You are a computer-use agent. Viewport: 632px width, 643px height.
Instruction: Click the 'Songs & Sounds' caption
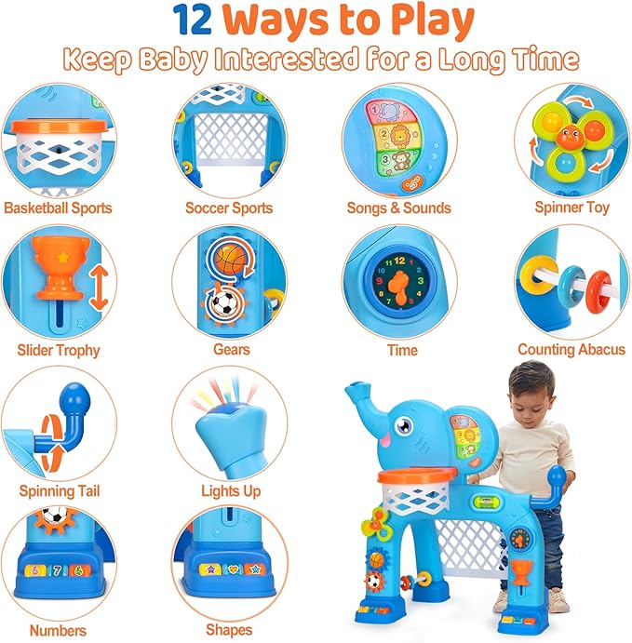pos(398,208)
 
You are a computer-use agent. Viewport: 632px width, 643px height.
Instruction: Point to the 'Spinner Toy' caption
pos(571,208)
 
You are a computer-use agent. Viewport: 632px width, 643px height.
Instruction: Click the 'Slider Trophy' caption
pos(58,350)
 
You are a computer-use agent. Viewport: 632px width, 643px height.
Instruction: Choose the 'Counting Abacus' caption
pos(571,350)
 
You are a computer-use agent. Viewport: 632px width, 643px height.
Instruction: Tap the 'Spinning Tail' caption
pos(59,490)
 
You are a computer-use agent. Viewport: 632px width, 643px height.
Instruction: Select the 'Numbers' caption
pos(58,630)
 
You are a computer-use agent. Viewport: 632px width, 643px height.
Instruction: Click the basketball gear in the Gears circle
pos(228,258)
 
